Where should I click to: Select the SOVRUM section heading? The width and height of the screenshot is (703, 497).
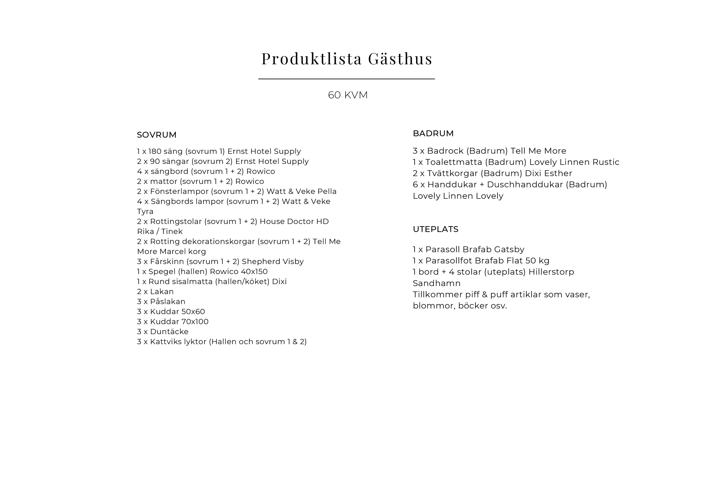point(157,135)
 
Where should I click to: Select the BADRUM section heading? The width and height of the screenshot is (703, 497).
point(433,133)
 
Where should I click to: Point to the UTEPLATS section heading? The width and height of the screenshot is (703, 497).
point(435,229)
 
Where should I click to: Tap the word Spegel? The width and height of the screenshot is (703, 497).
point(162,272)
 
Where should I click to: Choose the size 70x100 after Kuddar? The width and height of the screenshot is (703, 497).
point(195,322)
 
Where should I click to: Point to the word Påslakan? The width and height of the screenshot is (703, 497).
point(168,302)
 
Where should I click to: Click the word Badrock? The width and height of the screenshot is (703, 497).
point(445,151)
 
